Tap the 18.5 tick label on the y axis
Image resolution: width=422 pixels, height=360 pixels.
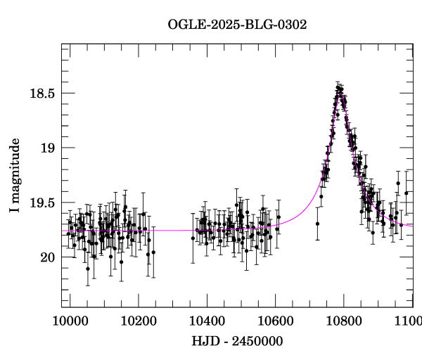click(43, 94)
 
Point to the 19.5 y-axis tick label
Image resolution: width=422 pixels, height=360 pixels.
click(43, 202)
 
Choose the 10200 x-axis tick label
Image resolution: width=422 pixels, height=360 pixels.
click(139, 321)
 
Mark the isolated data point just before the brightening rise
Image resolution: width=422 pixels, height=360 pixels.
click(317, 224)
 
